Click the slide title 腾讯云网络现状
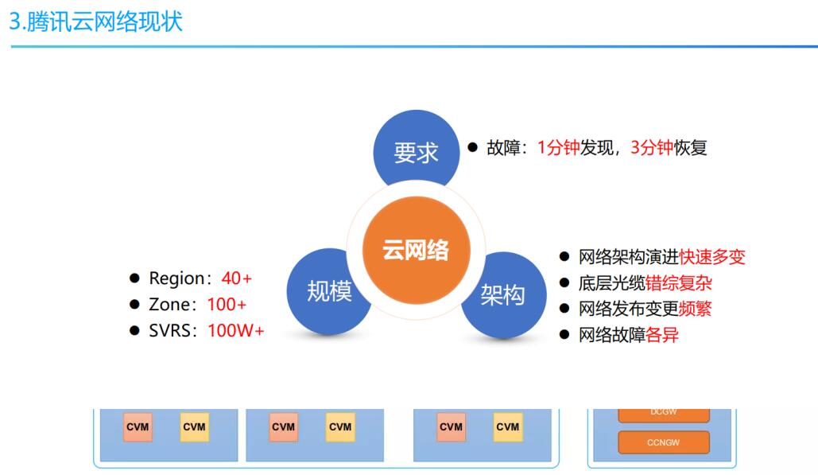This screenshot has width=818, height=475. tap(96, 22)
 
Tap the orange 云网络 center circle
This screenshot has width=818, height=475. tap(417, 250)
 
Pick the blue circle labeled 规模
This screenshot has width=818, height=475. tap(328, 291)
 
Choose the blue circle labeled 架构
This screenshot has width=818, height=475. tap(503, 295)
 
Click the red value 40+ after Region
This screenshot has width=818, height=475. tap(237, 278)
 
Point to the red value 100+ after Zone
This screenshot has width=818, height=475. tap(227, 304)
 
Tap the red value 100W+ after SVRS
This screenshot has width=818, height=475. tap(236, 330)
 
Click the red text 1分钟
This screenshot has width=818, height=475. tap(558, 148)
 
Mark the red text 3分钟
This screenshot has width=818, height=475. tap(652, 148)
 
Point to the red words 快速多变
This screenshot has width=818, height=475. tap(712, 257)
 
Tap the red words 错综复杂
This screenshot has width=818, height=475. tap(679, 283)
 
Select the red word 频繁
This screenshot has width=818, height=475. tap(696, 309)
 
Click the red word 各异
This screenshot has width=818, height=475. tap(662, 335)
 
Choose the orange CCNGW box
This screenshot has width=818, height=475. tap(664, 442)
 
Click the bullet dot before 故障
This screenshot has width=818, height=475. tap(473, 147)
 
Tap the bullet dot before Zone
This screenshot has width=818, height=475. tap(134, 304)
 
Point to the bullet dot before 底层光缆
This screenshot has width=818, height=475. tap(564, 283)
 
